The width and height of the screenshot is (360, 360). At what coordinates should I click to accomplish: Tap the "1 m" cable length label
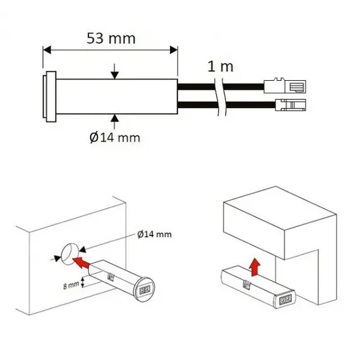click(220, 65)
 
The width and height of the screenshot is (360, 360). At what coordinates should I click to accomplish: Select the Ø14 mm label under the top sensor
click(115, 136)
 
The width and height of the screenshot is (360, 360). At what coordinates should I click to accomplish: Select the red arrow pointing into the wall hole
click(81, 258)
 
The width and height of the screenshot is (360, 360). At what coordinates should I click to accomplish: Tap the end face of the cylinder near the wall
click(145, 288)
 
